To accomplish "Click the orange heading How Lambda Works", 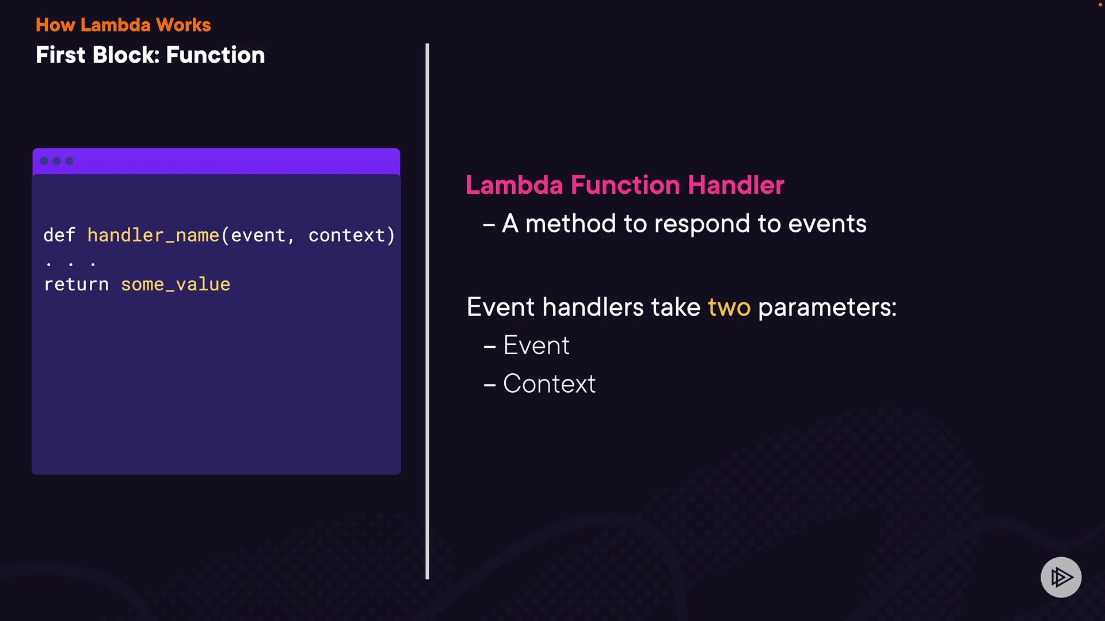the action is click(x=123, y=25).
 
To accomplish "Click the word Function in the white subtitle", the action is click(x=215, y=55).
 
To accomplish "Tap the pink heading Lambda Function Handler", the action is click(x=625, y=185).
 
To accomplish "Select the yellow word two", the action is click(x=729, y=307).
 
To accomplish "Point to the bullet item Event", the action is click(x=536, y=346).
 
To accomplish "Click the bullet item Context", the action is click(x=550, y=384).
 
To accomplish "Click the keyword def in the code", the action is click(x=59, y=235).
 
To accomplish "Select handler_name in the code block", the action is click(x=153, y=235).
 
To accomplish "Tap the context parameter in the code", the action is click(x=346, y=235).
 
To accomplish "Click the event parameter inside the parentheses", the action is click(x=258, y=235).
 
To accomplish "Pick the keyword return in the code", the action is click(x=77, y=285).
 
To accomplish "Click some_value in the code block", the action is click(x=176, y=285).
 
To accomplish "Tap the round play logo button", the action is click(x=1061, y=577).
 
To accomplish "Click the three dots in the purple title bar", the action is click(x=56, y=161).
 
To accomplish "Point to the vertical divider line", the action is click(x=427, y=311).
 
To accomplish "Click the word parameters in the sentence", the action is click(x=827, y=308).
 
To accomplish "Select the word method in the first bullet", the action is click(x=570, y=224).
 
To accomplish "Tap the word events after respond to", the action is click(x=827, y=224).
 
